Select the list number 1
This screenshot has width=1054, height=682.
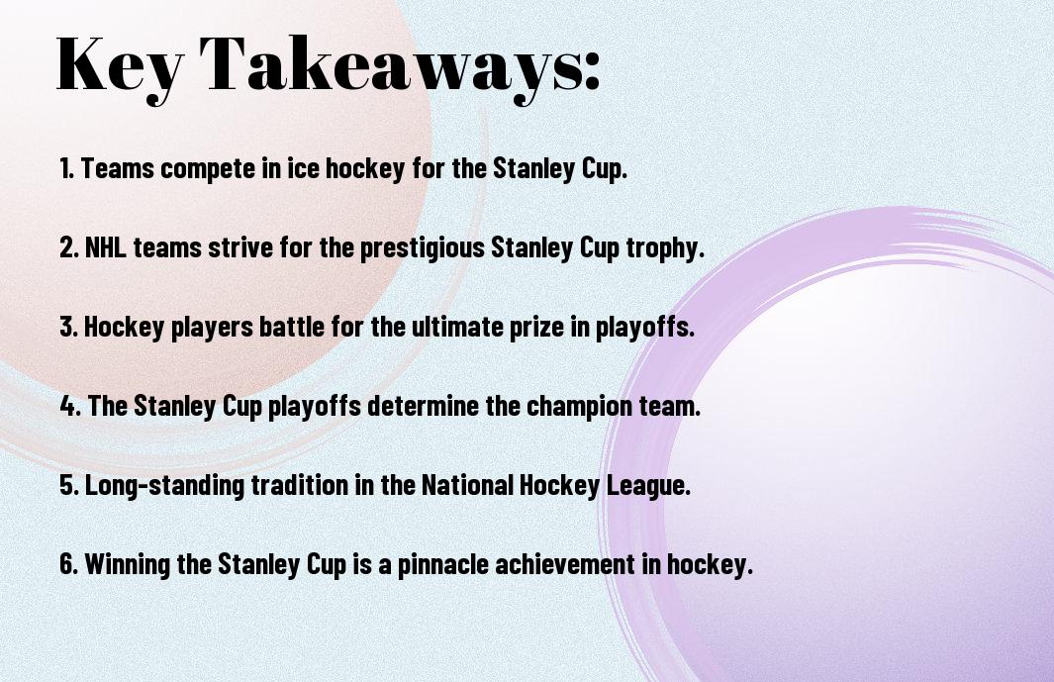pyautogui.click(x=66, y=168)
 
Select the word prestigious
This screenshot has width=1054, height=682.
pyautogui.click(x=423, y=248)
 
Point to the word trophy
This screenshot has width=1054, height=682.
pyautogui.click(x=665, y=248)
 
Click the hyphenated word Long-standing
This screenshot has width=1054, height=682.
pyautogui.click(x=164, y=486)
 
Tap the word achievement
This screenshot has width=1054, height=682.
pyautogui.click(x=565, y=563)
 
